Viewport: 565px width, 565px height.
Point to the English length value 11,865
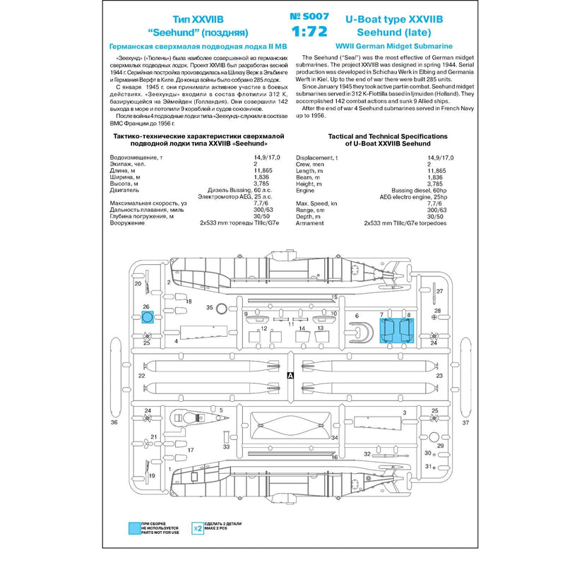pyautogui.click(x=439, y=170)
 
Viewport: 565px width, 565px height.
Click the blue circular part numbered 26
pyautogui.click(x=148, y=317)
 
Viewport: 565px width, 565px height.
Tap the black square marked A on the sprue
pyautogui.click(x=291, y=376)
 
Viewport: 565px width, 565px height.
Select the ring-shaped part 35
pyautogui.click(x=221, y=308)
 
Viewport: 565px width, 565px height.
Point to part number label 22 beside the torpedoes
pyautogui.click(x=142, y=376)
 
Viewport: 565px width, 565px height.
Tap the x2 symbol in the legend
pyautogui.click(x=198, y=528)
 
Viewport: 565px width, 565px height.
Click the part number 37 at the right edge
pyautogui.click(x=465, y=423)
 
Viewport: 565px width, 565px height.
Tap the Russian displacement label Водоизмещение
pyautogui.click(x=132, y=158)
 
